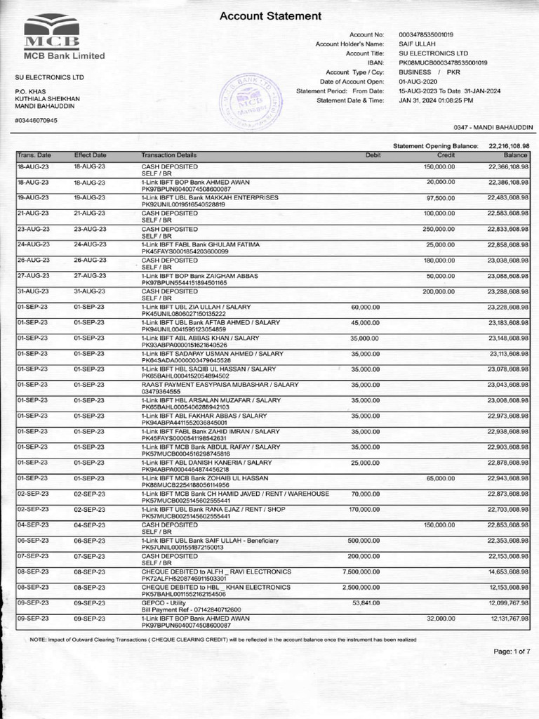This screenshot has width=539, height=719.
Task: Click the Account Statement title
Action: pyautogui.click(x=271, y=15)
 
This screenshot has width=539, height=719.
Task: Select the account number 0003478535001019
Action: pyautogui.click(x=425, y=34)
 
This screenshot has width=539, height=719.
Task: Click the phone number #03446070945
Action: pyautogui.click(x=36, y=120)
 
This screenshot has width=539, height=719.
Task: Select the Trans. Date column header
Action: pyautogui.click(x=34, y=154)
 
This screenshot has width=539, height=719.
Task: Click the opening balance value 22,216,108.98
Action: pyautogui.click(x=508, y=145)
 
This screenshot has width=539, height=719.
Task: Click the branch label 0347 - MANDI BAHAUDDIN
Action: pyautogui.click(x=493, y=127)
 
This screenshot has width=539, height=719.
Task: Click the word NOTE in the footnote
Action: pyautogui.click(x=37, y=639)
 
